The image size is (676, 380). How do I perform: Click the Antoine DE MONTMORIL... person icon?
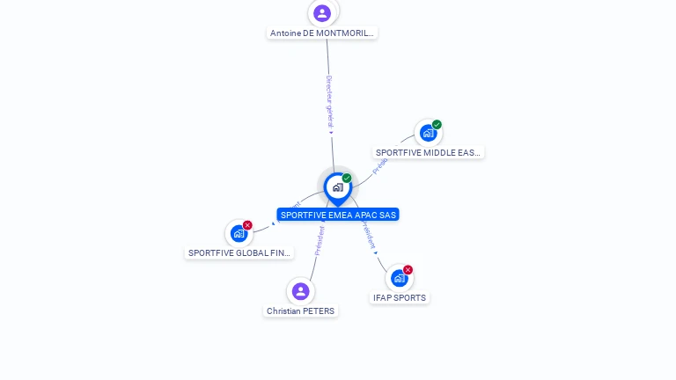pyautogui.click(x=322, y=13)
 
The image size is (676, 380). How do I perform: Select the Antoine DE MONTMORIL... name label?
pyautogui.click(x=322, y=33)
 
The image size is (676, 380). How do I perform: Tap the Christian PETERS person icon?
pyautogui.click(x=300, y=291)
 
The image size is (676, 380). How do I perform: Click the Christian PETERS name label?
pyautogui.click(x=300, y=311)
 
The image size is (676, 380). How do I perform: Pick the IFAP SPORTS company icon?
pyautogui.click(x=400, y=278)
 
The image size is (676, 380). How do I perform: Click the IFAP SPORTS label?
pyautogui.click(x=400, y=298)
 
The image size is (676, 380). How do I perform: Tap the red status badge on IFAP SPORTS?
pyautogui.click(x=408, y=270)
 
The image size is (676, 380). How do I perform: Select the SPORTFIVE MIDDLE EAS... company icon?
pyautogui.click(x=428, y=133)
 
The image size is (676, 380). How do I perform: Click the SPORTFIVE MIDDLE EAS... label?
pyautogui.click(x=428, y=153)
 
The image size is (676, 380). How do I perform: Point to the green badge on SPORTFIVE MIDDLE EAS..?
pyautogui.click(x=437, y=125)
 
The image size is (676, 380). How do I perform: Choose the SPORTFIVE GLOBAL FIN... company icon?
pyautogui.click(x=239, y=233)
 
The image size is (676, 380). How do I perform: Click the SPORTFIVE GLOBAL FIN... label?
pyautogui.click(x=239, y=253)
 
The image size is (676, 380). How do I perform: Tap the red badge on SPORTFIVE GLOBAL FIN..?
pyautogui.click(x=247, y=225)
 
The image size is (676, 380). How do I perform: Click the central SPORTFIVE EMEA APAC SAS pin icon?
pyautogui.click(x=337, y=187)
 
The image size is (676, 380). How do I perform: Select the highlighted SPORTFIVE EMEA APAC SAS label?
pyautogui.click(x=338, y=215)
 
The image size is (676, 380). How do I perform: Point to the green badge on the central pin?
pyautogui.click(x=347, y=179)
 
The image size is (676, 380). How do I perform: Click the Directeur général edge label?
pyautogui.click(x=328, y=102)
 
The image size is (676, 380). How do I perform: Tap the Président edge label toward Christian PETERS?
pyautogui.click(x=320, y=240)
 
